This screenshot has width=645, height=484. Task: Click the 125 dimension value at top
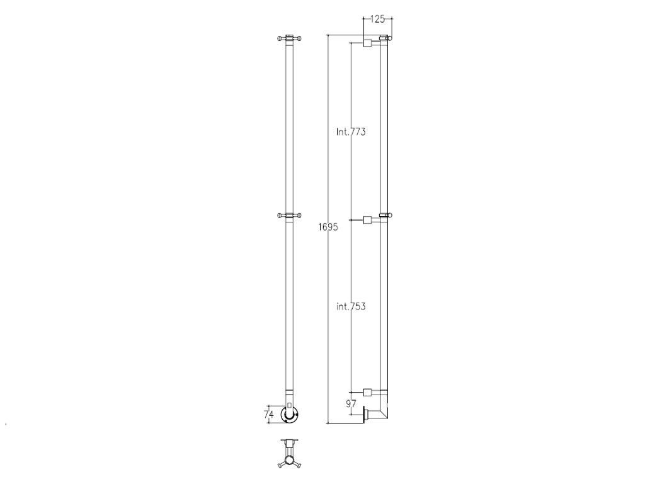[x=377, y=19]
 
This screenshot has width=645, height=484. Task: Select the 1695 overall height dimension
[x=328, y=227]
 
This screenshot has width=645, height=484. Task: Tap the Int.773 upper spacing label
[x=351, y=132]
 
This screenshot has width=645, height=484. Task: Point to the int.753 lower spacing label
[x=351, y=306]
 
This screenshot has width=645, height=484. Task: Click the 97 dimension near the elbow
[x=351, y=404]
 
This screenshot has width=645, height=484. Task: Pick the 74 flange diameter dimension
[x=268, y=415]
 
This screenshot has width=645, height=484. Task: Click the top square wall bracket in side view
[x=367, y=42]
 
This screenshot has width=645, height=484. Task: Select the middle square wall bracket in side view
[x=367, y=220]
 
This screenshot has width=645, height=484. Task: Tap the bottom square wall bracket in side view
[x=367, y=392]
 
